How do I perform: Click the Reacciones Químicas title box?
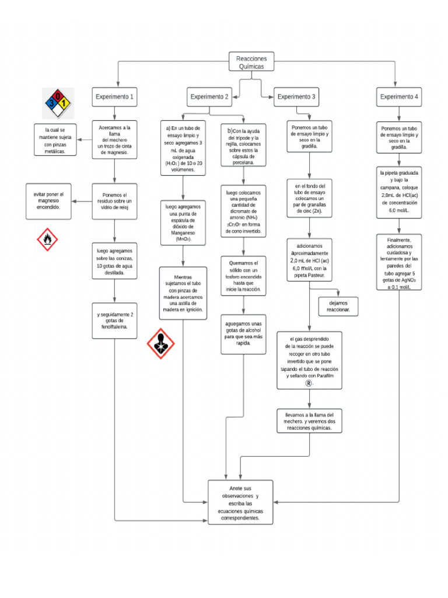pos(251,62)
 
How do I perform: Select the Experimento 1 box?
pos(115,97)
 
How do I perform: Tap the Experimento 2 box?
pos(209,97)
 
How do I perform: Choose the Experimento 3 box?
pos(297,97)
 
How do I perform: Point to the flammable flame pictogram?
pos(47,239)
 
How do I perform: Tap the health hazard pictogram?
pos(160,343)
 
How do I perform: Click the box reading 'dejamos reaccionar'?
pos(338,307)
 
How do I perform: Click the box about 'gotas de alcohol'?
pos(243,333)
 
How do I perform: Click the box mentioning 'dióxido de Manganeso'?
pos(183,223)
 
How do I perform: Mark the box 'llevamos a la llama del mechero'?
pos(309,421)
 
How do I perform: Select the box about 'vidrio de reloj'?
pos(115,201)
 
